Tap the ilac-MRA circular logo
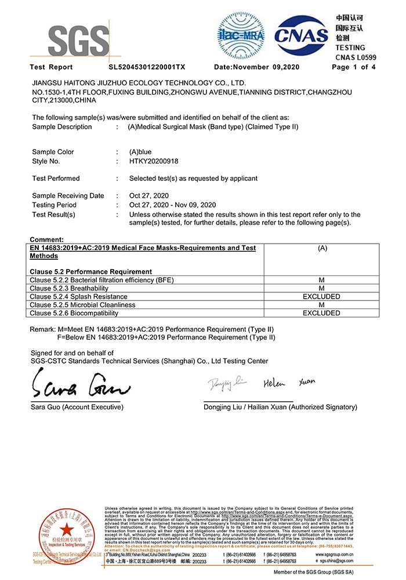point(241,35)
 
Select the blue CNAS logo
point(301,35)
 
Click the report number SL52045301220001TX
point(147,67)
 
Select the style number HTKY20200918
point(154,161)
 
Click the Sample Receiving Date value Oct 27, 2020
point(149,196)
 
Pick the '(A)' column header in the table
point(322,248)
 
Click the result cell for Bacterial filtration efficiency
point(321,280)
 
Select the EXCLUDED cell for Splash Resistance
point(321,296)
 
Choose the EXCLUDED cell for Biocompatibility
point(321,313)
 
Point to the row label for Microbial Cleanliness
point(82,305)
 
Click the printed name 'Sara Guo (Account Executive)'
point(77,407)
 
